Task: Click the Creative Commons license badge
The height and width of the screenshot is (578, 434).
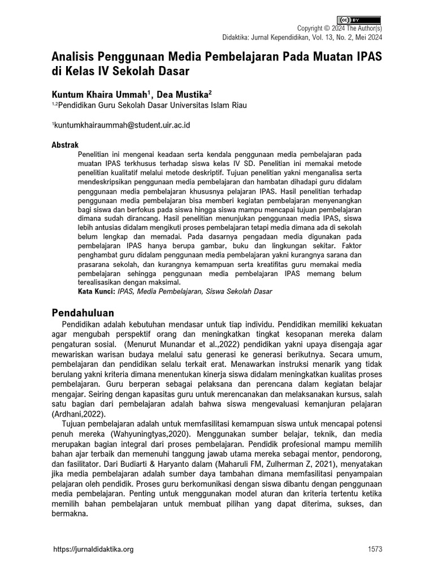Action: click(x=359, y=20)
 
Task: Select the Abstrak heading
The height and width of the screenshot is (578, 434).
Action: click(x=65, y=145)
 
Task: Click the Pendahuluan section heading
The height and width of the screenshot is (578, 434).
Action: click(x=83, y=313)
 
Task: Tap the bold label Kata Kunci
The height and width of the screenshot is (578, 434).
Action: click(x=96, y=292)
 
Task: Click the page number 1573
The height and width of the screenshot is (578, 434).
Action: click(x=375, y=549)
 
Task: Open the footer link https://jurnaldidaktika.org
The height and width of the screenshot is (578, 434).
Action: click(x=93, y=549)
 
